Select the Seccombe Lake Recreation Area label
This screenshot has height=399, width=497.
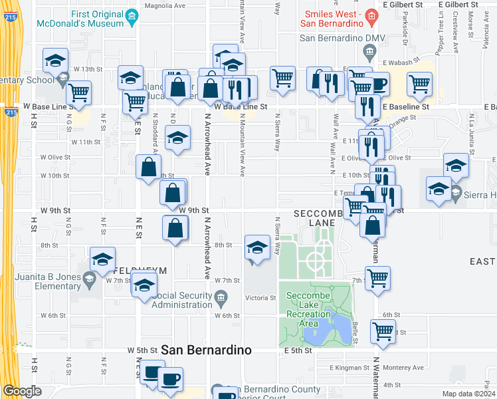[309, 310]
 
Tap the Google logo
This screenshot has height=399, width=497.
[23, 391]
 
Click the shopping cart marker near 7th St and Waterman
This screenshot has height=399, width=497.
[377, 279]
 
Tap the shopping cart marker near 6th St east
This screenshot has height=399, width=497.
[383, 331]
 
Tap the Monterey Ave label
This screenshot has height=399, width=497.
[404, 367]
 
